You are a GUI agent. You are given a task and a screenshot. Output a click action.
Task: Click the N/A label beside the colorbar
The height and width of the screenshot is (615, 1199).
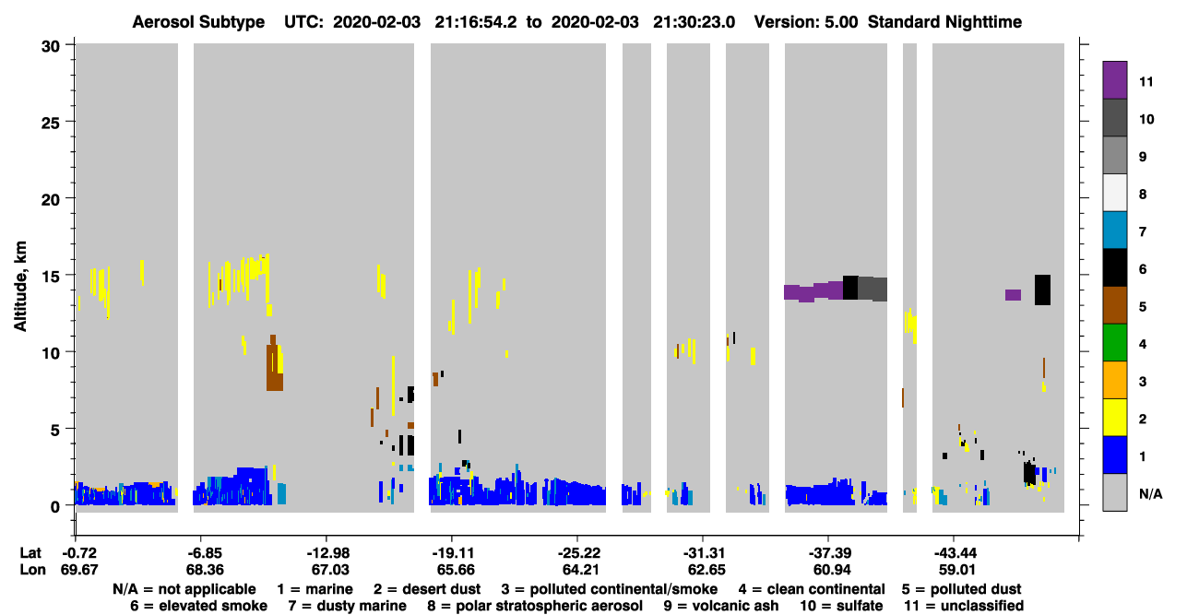(1150, 493)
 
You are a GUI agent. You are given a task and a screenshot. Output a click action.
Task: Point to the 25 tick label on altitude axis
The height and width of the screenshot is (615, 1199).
(51, 124)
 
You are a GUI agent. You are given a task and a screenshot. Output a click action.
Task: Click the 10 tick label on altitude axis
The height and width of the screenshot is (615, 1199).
(51, 353)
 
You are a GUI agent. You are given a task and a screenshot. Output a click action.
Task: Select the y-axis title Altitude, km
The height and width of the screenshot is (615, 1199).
(20, 287)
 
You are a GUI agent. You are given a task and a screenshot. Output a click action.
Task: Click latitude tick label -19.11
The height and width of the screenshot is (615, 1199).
(454, 553)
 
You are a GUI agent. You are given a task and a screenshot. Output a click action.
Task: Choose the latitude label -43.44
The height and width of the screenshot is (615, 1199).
(956, 553)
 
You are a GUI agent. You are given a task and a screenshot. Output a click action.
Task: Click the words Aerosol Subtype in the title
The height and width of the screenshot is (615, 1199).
(198, 22)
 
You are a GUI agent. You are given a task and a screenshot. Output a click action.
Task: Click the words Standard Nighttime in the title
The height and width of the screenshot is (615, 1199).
(944, 22)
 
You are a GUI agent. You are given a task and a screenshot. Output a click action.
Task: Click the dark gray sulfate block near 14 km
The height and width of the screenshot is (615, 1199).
(873, 289)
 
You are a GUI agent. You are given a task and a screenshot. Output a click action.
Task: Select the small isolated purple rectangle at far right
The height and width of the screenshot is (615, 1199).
(1013, 295)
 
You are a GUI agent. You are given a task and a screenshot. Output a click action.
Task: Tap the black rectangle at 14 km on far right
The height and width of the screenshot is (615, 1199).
(1042, 290)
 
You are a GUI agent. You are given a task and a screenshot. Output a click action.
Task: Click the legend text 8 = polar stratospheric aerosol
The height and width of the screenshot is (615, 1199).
(535, 606)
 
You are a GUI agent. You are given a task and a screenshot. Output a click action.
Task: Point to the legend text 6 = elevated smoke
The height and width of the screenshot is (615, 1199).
(198, 606)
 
